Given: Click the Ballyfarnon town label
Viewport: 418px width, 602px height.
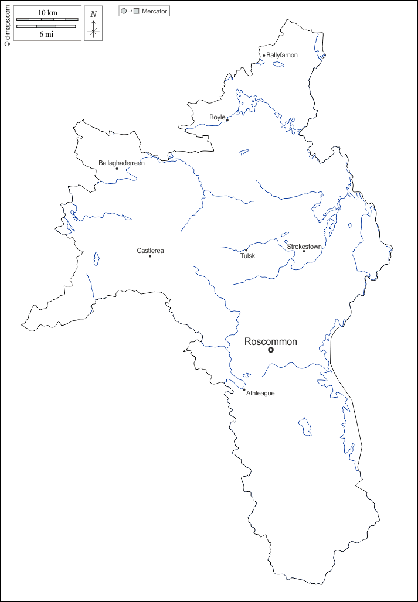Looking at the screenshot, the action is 283,55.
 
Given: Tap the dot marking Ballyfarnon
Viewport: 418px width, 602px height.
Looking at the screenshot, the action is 264,56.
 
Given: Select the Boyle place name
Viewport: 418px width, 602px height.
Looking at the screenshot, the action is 217,117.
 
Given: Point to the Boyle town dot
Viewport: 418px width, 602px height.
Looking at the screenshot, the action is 227,120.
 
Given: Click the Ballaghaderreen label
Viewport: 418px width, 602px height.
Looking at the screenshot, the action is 121,163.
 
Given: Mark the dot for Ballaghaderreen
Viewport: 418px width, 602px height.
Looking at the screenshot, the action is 117,169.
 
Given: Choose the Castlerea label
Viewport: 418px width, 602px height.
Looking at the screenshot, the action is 150,251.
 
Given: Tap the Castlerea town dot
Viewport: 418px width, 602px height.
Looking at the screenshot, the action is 150,256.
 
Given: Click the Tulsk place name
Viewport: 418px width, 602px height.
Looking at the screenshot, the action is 248,256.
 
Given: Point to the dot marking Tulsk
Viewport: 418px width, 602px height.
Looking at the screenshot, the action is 246,250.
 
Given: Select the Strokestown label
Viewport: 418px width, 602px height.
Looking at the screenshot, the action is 304,247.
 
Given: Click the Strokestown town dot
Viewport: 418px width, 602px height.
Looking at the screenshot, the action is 304,252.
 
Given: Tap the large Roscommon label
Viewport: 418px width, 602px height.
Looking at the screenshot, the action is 270,341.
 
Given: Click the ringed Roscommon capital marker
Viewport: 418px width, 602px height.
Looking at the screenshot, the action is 271,350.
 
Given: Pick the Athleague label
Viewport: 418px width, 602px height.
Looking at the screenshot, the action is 260,393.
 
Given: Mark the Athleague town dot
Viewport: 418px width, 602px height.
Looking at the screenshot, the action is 244,390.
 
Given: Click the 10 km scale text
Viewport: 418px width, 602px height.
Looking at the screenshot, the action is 47,12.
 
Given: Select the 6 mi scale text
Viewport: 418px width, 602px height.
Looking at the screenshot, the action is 46,34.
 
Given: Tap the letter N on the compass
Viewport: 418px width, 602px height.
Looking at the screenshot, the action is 93,13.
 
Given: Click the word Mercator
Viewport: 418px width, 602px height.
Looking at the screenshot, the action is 155,11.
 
